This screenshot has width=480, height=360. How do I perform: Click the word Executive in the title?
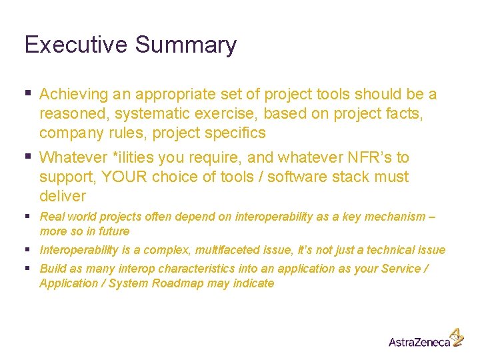76,45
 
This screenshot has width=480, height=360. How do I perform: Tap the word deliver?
63,196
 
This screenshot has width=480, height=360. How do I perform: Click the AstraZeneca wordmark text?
419,342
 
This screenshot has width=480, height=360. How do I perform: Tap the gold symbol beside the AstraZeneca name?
457,337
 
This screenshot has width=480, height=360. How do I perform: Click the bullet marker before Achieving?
27,94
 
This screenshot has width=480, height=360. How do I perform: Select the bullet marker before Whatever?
27,157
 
